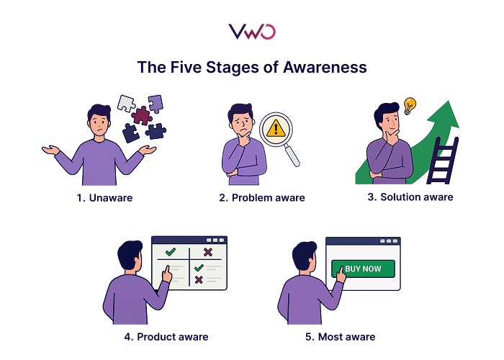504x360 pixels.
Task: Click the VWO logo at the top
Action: pos(251,31)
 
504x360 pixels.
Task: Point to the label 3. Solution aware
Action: pos(411,197)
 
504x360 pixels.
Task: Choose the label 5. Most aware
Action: pos(338,336)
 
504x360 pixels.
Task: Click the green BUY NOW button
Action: pos(362,269)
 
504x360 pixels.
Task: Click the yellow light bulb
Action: pos(410,105)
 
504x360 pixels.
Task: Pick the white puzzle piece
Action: pos(126,102)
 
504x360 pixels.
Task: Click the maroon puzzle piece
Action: pos(143,115)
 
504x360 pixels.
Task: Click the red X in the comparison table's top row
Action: pos(207,252)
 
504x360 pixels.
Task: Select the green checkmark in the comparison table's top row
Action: pos(171,252)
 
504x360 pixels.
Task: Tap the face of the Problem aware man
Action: pos(241,120)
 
